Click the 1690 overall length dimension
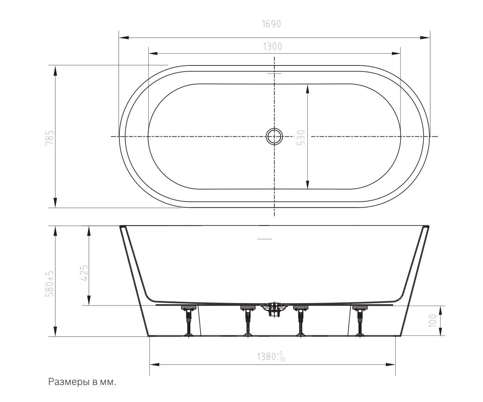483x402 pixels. (271, 24)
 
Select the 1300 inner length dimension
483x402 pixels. (273, 46)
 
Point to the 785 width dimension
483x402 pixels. (50, 138)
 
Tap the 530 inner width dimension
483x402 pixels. (301, 138)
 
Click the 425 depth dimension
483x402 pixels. (84, 273)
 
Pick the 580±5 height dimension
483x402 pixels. (50, 284)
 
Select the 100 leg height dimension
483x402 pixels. (432, 321)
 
